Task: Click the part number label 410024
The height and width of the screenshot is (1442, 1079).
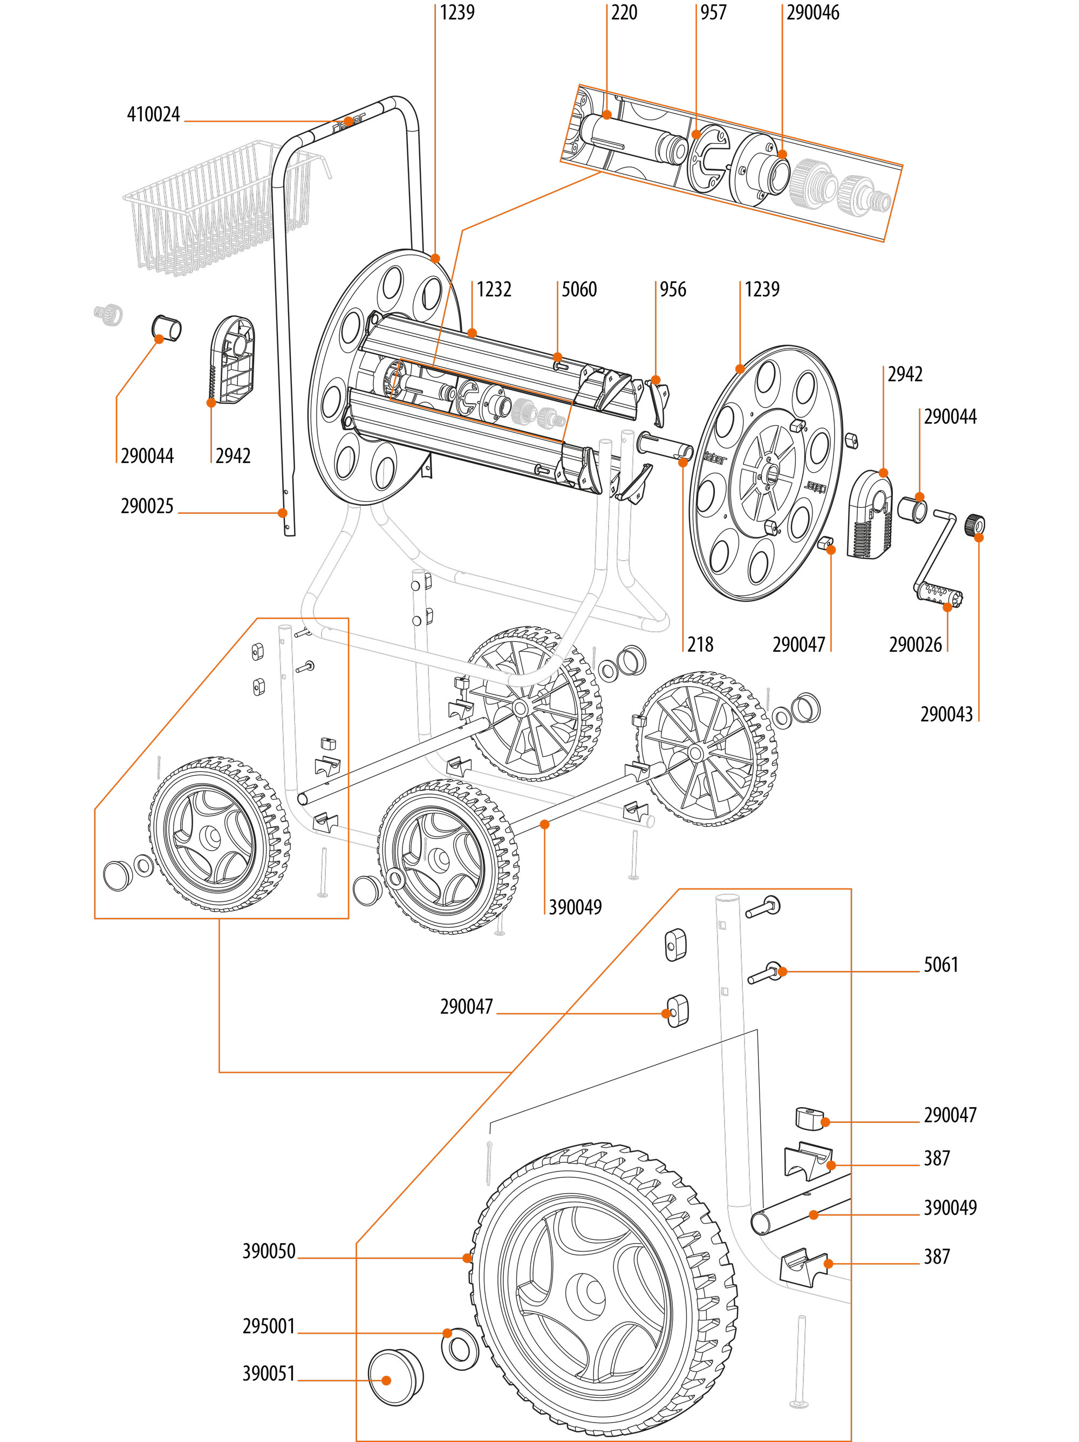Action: [153, 115]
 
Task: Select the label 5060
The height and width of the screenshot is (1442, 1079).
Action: [579, 289]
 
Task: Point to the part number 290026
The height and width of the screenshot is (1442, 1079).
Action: [914, 645]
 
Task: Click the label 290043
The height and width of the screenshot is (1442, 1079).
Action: [946, 714]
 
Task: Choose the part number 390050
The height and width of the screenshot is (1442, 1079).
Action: [269, 1251]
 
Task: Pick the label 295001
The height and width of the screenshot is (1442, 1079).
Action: [269, 1326]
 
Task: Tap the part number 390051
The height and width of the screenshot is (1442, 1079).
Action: [269, 1374]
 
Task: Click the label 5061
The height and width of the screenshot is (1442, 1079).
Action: [941, 965]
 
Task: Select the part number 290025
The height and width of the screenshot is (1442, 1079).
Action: [147, 507]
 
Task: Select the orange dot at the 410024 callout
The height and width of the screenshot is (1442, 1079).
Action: [349, 121]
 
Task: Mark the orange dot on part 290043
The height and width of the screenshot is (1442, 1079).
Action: [979, 537]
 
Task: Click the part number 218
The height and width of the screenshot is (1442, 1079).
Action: [700, 645]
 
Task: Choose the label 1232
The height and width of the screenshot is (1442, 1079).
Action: [494, 289]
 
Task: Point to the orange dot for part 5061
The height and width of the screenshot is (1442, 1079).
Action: [782, 971]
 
